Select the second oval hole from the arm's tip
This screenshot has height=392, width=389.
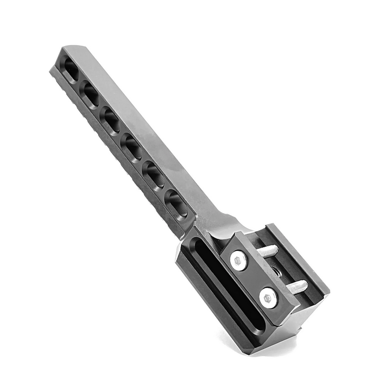[90, 94]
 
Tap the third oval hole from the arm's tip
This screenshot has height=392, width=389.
[110, 120]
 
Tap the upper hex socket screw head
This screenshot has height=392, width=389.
[239, 260]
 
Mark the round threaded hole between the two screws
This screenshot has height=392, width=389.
[274, 271]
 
